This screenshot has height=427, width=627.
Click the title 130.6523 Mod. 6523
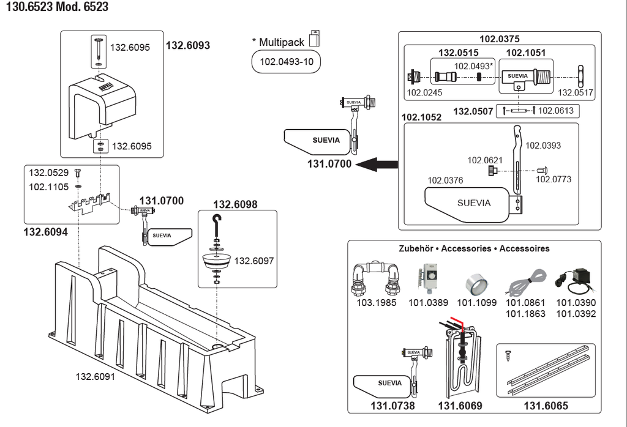coord(57,6)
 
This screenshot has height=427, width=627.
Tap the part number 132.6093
coord(188,45)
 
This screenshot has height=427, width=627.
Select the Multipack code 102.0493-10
coord(287,62)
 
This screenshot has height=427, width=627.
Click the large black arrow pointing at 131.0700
coord(377,164)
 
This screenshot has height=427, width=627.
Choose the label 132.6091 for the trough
coord(95,376)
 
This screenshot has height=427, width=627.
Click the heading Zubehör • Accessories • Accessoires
coord(474,248)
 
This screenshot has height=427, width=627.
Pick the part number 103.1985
coord(377,302)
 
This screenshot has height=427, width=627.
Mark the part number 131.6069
coord(460,406)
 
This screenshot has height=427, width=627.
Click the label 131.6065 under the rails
coord(546,406)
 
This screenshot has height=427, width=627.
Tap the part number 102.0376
coord(445,180)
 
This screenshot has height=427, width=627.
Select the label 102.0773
coord(554,179)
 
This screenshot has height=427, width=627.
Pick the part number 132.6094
coord(45,232)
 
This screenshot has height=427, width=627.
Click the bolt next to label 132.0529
coord(78,173)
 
